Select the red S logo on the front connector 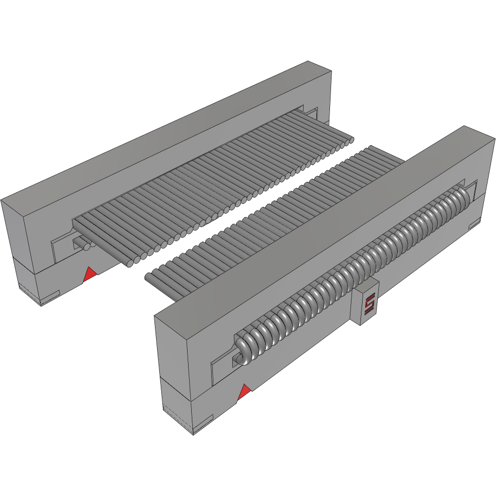click(369, 304)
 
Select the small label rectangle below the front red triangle click(203, 420)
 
